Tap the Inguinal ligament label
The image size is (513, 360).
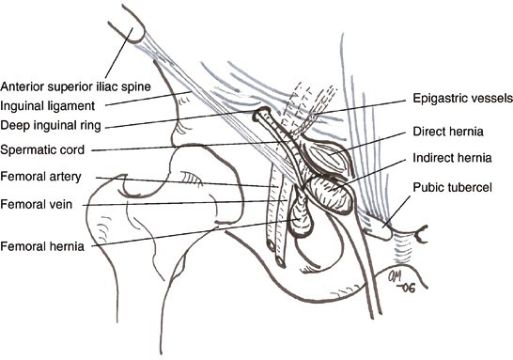pos(44,103)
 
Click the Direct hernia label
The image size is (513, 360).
pos(443,133)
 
